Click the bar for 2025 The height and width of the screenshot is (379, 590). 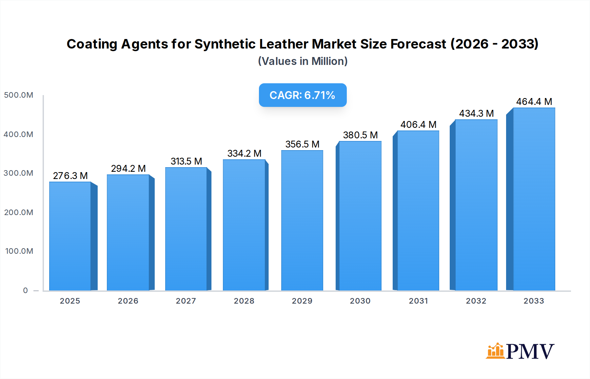70,236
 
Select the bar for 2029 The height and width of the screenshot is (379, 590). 302,220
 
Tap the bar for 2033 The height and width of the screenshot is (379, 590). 534,199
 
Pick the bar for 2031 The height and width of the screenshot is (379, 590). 418,210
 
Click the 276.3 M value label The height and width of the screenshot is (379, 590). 70,176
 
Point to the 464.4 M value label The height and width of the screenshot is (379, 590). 534,102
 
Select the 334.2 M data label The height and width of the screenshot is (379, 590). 244,153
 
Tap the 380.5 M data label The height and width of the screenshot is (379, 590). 360,135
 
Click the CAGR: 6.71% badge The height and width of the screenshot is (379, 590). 303,95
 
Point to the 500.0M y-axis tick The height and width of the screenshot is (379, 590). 19,95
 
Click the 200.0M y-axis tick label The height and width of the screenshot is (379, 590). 19,212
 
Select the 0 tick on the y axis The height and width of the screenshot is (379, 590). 26,290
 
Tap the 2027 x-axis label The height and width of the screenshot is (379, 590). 186,301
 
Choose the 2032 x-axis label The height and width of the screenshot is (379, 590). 476,301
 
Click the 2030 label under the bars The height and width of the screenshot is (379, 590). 360,301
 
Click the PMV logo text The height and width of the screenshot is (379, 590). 530,351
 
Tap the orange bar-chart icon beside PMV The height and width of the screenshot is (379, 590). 495,351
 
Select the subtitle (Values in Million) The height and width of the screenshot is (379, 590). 303,61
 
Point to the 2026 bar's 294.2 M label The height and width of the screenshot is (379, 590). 128,169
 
